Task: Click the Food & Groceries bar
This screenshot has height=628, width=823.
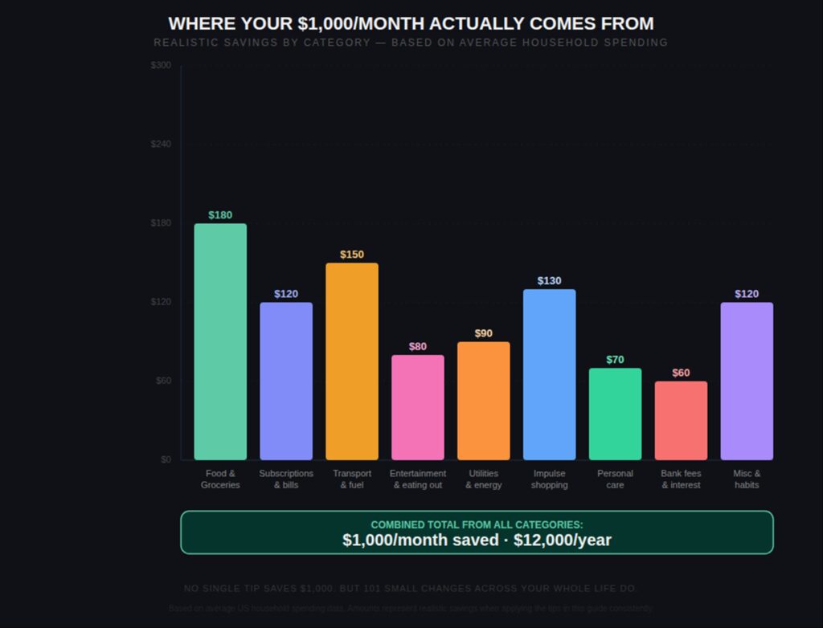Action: (220, 341)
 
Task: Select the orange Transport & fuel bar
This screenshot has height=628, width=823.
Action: (351, 361)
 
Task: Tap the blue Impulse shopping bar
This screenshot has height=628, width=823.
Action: (549, 374)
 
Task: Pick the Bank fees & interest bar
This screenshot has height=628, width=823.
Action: (681, 420)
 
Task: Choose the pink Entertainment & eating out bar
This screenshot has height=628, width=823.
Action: (417, 407)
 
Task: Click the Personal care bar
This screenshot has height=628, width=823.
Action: (615, 414)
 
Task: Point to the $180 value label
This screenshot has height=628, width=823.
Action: (220, 215)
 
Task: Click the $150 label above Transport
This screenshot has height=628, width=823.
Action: (352, 255)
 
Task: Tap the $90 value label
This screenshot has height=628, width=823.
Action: (483, 333)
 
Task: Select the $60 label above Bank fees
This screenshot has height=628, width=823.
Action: (681, 373)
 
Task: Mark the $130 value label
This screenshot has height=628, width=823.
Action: (549, 281)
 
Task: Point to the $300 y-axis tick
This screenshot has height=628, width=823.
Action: (161, 65)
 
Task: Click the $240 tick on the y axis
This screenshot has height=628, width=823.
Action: (161, 144)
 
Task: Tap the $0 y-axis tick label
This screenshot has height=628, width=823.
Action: (166, 459)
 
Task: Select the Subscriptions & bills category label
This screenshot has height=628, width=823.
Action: (286, 479)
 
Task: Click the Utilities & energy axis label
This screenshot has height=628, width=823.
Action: (483, 479)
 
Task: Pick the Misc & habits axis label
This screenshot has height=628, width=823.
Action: (747, 479)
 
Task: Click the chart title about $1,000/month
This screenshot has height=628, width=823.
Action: (411, 23)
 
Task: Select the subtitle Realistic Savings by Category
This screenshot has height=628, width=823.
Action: (411, 43)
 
